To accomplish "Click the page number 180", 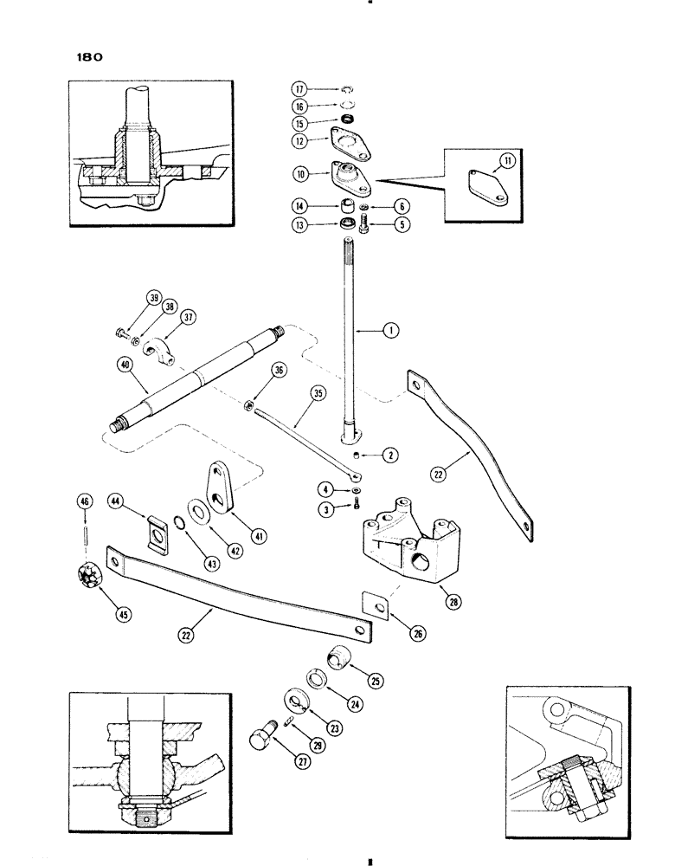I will click(83, 58).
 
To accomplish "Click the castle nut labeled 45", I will click(90, 572).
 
